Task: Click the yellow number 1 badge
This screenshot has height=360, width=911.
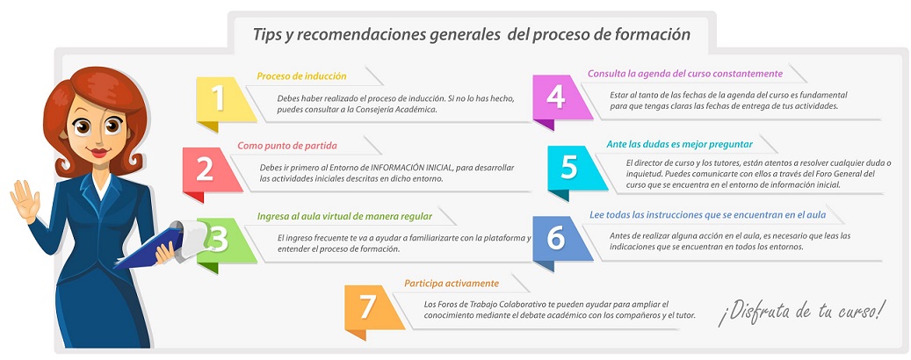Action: point(224,100)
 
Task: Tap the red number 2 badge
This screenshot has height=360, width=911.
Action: point(210,170)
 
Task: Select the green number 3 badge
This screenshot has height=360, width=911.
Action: point(226,241)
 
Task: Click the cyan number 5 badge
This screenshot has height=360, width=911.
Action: point(575,169)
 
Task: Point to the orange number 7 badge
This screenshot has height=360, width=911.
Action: point(372,308)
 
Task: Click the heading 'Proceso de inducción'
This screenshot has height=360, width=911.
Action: point(301,76)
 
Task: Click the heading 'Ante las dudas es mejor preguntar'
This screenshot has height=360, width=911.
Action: point(679,144)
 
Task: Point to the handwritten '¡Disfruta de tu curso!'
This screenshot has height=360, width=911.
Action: point(802,313)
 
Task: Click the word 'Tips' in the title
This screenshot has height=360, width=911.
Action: point(265,35)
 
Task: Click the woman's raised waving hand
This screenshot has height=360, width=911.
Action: point(25,201)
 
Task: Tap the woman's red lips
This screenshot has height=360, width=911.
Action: point(99,153)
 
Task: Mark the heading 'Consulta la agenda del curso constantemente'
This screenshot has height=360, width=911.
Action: point(685,74)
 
